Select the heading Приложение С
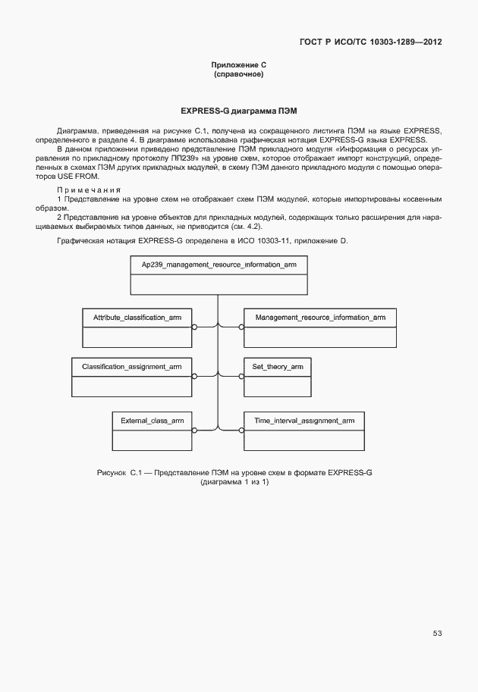[x=238, y=67]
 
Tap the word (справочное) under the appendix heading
[x=238, y=75]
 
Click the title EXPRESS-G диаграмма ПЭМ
[x=238, y=111]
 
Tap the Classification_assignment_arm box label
[x=132, y=367]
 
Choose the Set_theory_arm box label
[x=278, y=367]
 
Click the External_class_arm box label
[x=153, y=420]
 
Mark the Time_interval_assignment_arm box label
[x=304, y=420]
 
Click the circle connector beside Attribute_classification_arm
[x=195, y=327]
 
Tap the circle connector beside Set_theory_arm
[x=241, y=377]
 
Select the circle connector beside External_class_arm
[x=195, y=430]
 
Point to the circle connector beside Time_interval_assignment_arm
[x=241, y=430]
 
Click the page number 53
[x=437, y=633]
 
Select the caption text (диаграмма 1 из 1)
[x=234, y=483]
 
